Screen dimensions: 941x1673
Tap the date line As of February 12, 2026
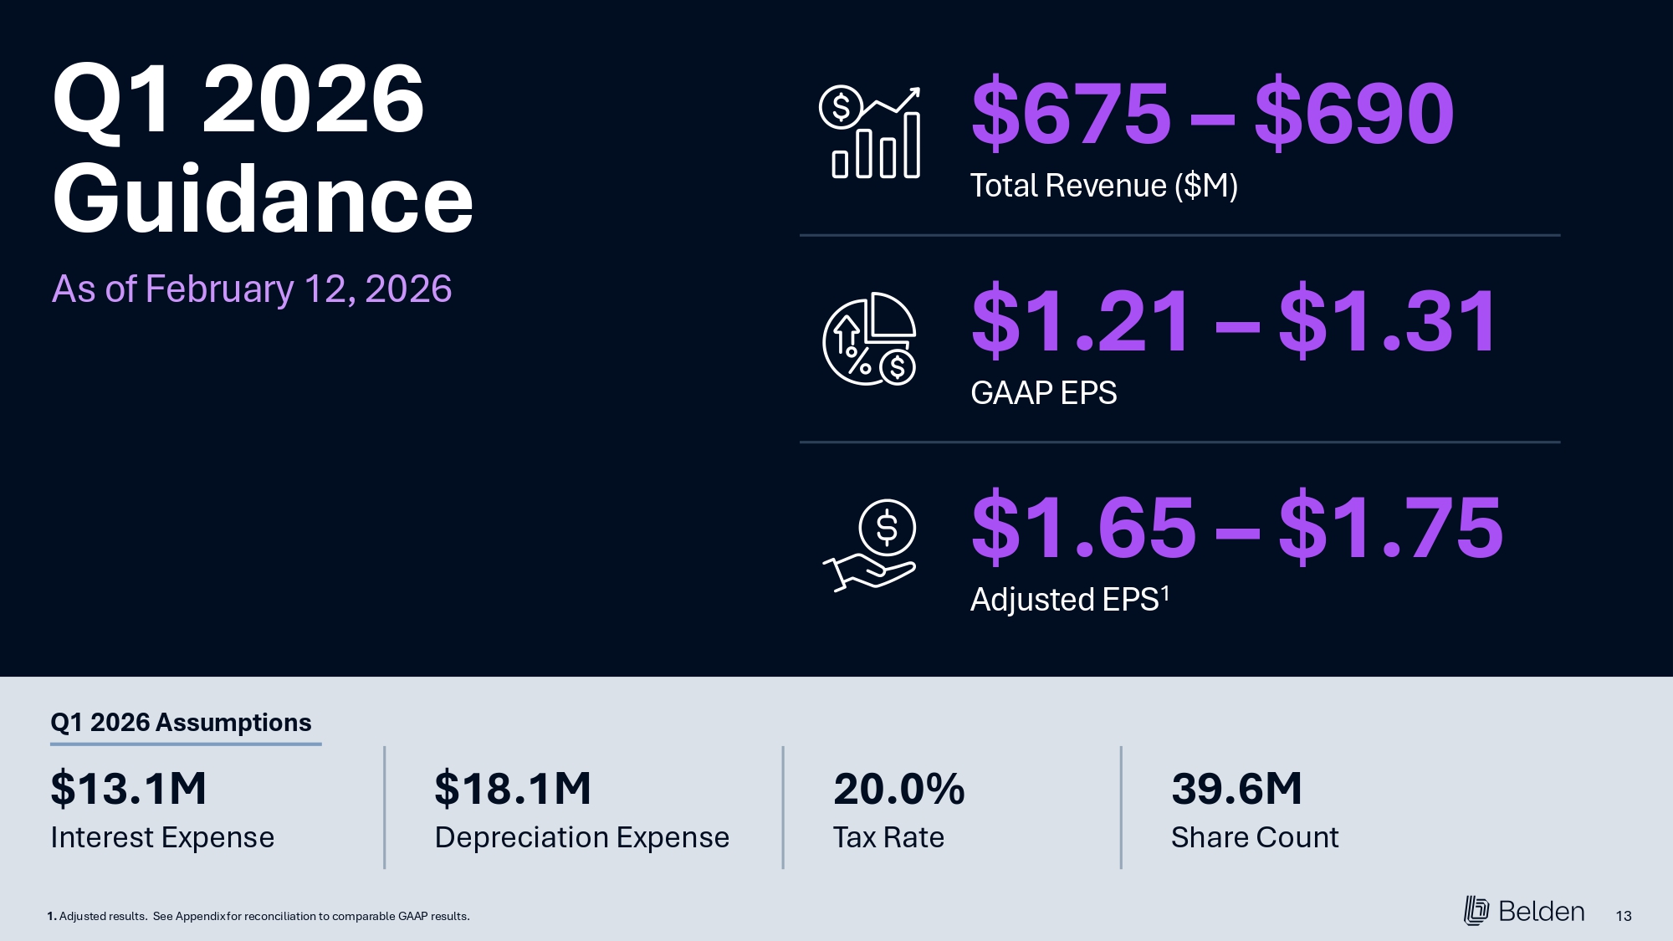point(252,289)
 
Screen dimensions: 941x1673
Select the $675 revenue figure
point(1071,113)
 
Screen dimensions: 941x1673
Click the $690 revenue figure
point(1354,113)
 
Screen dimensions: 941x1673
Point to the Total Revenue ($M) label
point(1103,186)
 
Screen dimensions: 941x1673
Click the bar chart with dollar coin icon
point(870,132)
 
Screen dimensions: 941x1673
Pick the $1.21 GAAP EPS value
point(1082,320)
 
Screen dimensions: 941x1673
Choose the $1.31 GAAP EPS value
point(1389,320)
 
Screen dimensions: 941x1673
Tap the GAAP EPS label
point(1043,393)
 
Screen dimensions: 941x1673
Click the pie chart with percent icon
point(870,339)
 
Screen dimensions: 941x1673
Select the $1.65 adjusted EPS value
point(1084,528)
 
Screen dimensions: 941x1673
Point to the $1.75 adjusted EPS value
point(1391,528)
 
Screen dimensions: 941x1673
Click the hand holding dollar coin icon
point(870,545)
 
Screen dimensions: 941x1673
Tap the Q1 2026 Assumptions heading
point(181,723)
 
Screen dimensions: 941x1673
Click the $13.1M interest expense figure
point(129,789)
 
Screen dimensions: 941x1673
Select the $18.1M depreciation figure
point(513,789)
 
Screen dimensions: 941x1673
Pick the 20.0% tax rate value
point(898,789)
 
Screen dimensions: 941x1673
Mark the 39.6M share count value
point(1236,789)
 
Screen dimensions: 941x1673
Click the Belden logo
point(1524,911)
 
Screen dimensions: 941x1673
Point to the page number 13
point(1624,916)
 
